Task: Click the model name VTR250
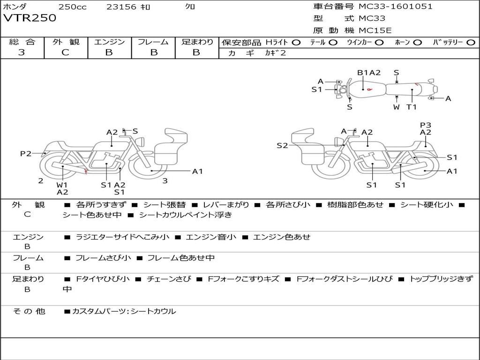(x=30, y=18)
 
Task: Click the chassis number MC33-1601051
(x=395, y=7)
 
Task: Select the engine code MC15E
(x=375, y=30)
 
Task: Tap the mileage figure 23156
(x=121, y=7)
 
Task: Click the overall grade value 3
(x=22, y=52)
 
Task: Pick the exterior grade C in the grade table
(x=65, y=52)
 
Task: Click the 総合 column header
(x=22, y=42)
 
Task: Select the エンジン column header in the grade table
(x=109, y=42)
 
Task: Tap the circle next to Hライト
(x=296, y=43)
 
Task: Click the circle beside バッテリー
(x=471, y=43)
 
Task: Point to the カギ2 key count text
(x=275, y=53)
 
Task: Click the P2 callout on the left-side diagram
(x=26, y=153)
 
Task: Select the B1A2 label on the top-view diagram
(x=369, y=73)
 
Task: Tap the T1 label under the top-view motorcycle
(x=411, y=107)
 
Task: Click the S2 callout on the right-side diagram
(x=282, y=146)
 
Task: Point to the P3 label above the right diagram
(x=425, y=125)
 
